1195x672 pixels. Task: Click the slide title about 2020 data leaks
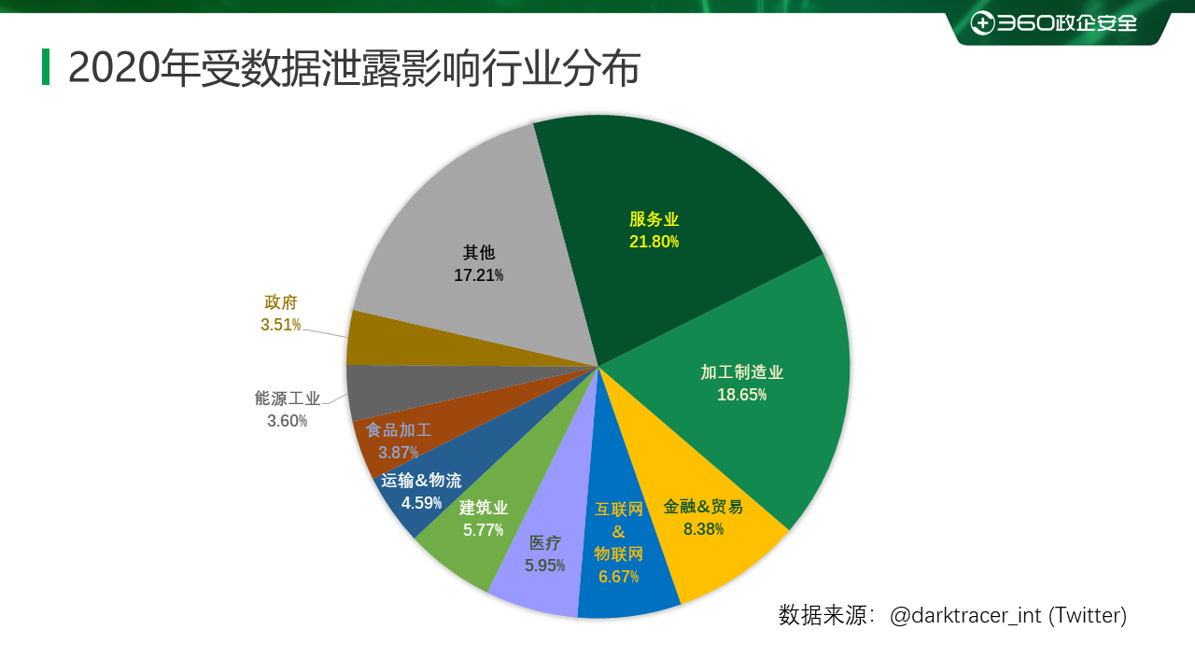354,68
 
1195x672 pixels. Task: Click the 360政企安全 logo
1054,23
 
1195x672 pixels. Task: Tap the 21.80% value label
654,243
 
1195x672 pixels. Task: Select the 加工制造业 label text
742,372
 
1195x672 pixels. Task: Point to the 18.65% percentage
742,395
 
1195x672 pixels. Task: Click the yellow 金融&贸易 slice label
703,507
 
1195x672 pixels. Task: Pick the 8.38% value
703,529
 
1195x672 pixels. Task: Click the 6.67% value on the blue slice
618,577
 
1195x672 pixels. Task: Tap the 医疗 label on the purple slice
545,543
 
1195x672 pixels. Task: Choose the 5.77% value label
483,530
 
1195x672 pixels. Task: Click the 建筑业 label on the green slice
484,508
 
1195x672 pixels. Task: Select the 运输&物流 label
421,481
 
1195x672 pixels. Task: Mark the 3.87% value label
398,453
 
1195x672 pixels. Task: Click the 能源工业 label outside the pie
288,399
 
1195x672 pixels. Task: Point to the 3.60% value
288,421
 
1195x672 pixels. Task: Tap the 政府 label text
281,302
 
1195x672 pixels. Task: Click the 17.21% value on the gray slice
479,275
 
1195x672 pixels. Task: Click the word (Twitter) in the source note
1089,616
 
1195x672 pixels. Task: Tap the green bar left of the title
46,67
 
